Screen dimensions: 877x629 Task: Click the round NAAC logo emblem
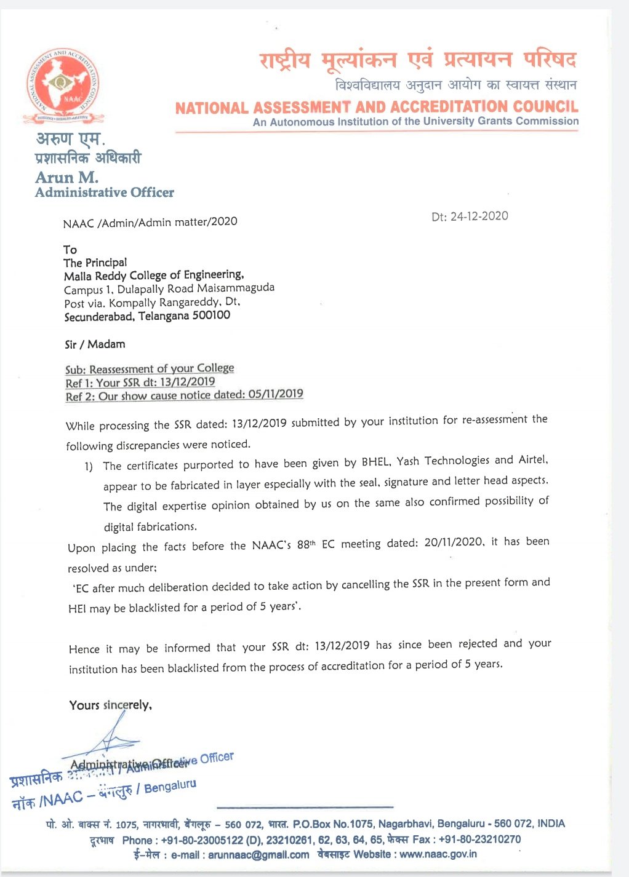coord(63,84)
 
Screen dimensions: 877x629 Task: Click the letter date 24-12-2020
coord(479,216)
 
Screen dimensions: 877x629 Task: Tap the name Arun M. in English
coord(66,177)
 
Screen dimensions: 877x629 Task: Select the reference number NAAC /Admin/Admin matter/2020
coord(150,222)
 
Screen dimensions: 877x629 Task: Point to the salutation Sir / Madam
coord(95,344)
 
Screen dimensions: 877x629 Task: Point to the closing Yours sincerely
coord(110,705)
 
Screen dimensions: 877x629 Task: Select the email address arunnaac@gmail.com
coord(258,855)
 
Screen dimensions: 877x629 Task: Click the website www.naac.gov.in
coord(438,854)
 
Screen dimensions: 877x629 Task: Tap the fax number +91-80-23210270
coord(479,839)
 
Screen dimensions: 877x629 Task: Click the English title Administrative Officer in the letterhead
coord(105,192)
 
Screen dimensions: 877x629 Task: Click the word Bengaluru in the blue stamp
coord(170,787)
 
